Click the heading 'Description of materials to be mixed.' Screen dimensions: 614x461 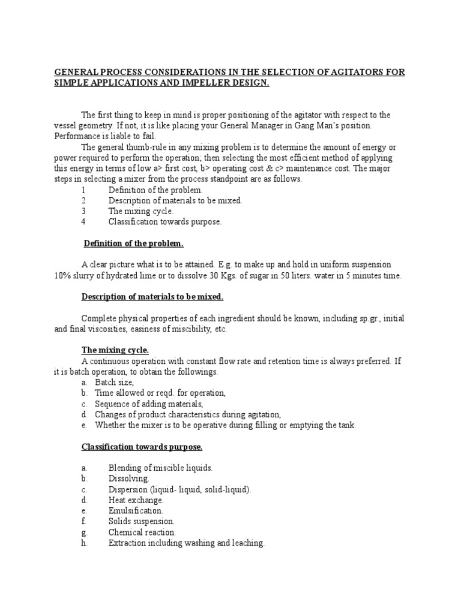tap(152, 297)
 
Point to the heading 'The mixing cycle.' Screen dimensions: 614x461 tap(115, 350)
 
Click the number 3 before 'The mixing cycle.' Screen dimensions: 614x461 tap(84, 211)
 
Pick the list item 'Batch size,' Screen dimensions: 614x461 tap(114, 382)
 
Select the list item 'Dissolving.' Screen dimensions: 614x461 tap(125, 478)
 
